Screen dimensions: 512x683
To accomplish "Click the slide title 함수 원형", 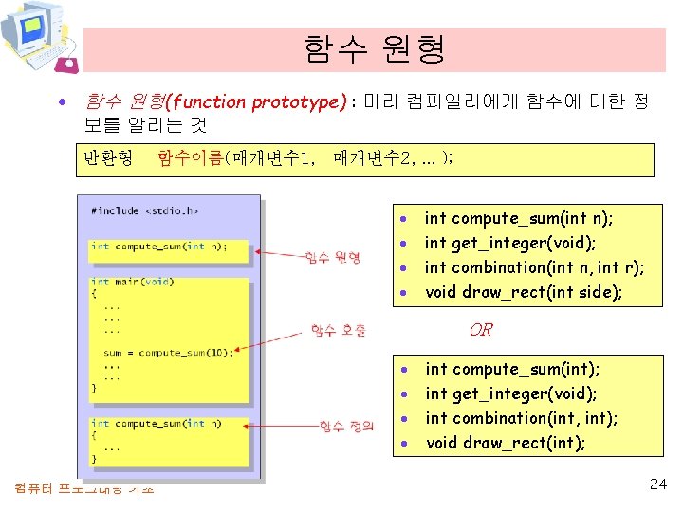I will pyautogui.click(x=375, y=48).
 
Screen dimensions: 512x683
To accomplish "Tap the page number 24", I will pyautogui.click(x=658, y=484).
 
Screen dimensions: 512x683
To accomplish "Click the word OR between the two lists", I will pyautogui.click(x=481, y=330).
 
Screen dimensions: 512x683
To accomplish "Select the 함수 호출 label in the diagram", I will pyautogui.click(x=339, y=330).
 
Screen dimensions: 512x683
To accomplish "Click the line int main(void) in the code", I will pyautogui.click(x=132, y=282).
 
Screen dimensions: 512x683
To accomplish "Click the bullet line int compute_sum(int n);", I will pyautogui.click(x=518, y=219).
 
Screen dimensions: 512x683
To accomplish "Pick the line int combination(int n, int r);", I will pyautogui.click(x=534, y=267).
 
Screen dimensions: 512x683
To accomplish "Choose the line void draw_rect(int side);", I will pyautogui.click(x=524, y=292).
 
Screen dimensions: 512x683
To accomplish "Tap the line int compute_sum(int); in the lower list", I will pyautogui.click(x=512, y=369).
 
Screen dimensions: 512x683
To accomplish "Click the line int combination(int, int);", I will pyautogui.click(x=522, y=418).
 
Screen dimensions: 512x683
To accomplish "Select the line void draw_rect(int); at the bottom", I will pyautogui.click(x=506, y=443).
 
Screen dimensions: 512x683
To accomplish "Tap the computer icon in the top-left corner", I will pyautogui.click(x=38, y=36).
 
